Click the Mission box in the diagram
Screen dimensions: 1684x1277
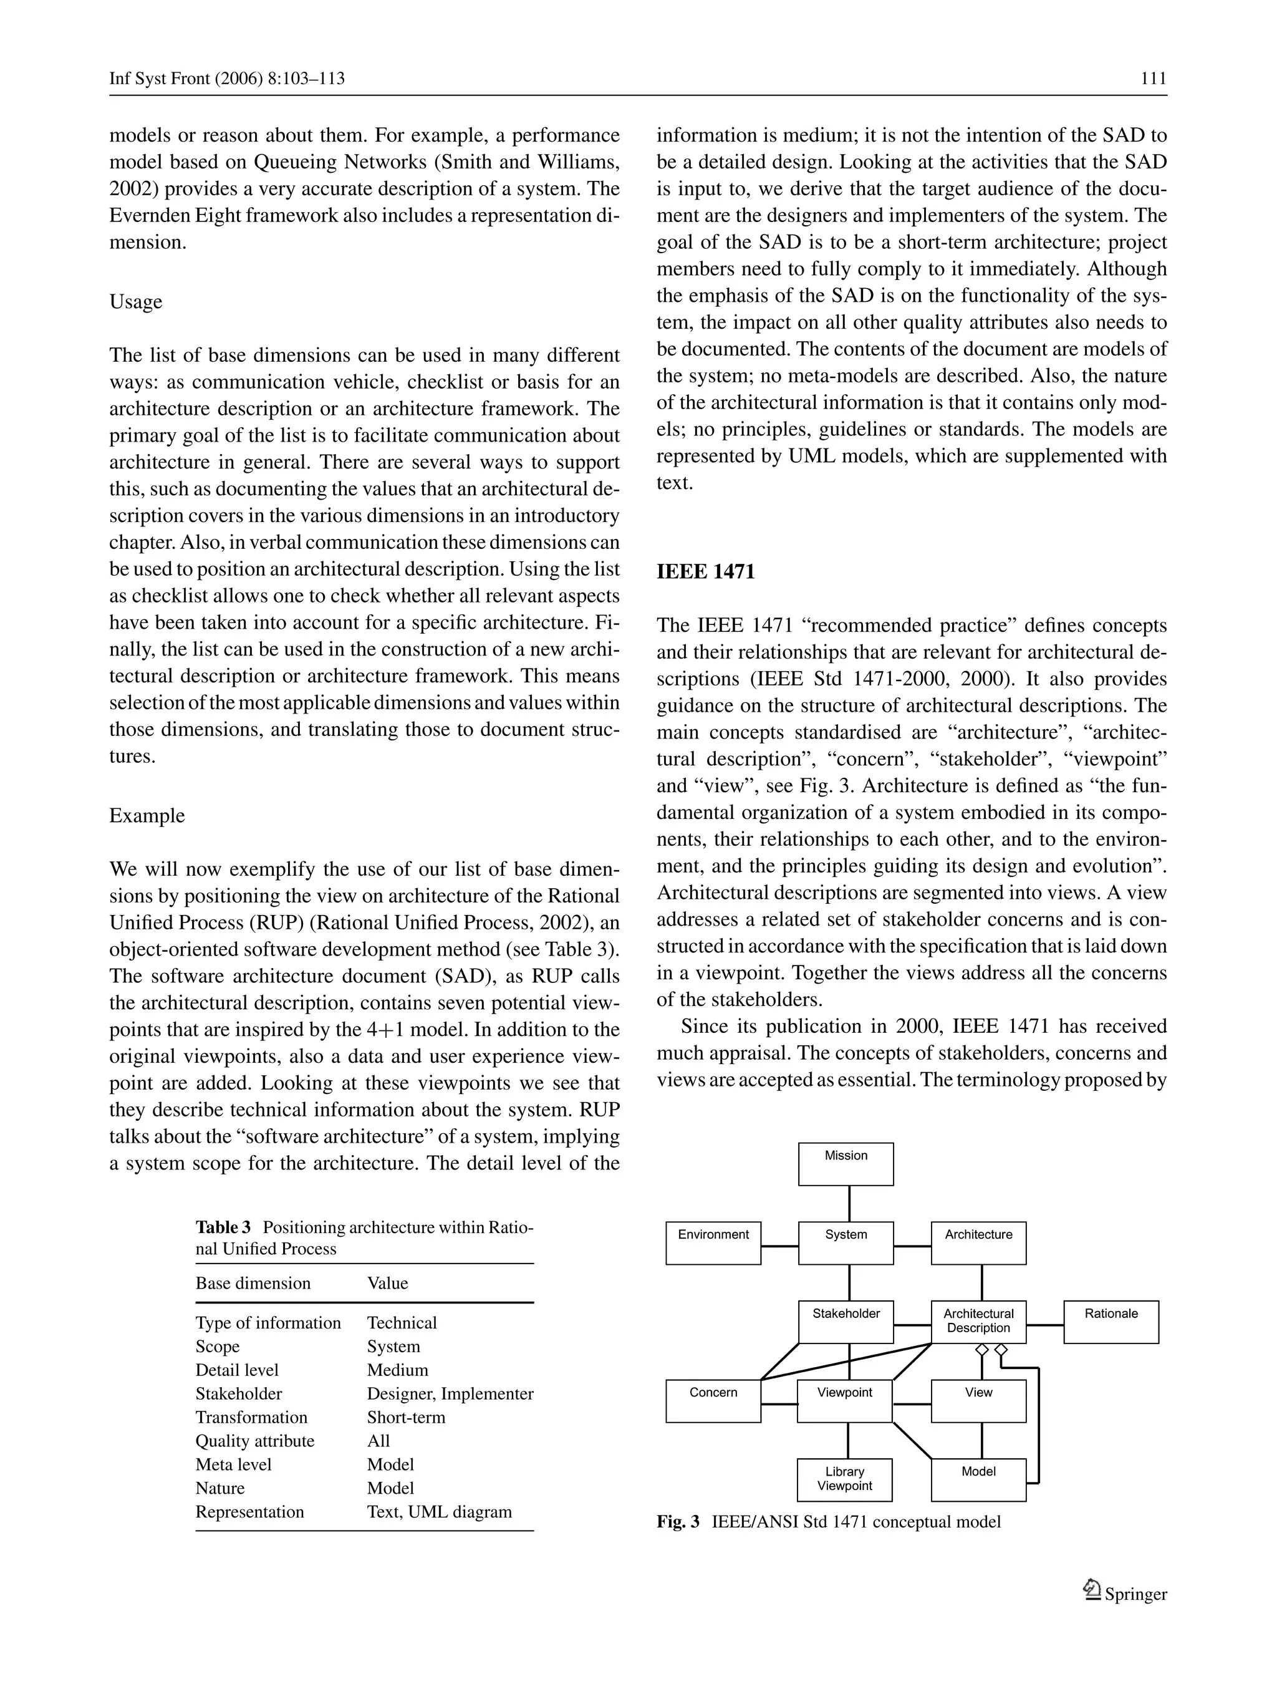(846, 1163)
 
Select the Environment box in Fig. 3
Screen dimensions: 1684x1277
(713, 1242)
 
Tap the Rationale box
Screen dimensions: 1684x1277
(1111, 1322)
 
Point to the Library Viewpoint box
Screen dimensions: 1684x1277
(845, 1479)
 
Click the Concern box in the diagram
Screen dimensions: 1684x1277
(713, 1401)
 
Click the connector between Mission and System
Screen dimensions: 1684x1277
(849, 1203)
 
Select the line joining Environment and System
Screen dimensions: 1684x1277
(779, 1246)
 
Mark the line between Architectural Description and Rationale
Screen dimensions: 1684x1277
(1044, 1325)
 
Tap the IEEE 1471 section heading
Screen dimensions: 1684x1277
(705, 572)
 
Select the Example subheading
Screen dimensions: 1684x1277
(147, 815)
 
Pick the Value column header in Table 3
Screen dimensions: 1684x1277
(387, 1283)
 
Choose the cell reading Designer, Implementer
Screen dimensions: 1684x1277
(450, 1393)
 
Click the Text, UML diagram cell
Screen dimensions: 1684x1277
(439, 1511)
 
